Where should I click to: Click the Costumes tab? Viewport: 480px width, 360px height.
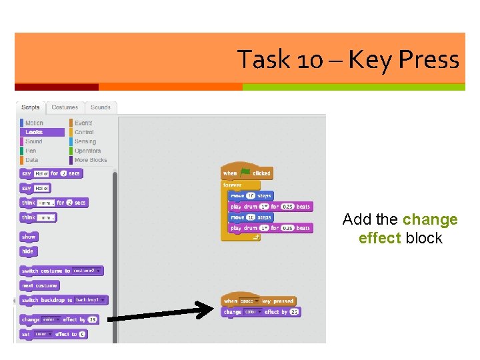tap(65, 107)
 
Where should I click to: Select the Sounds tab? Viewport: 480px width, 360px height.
tap(101, 107)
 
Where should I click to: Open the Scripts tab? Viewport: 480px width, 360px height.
tap(30, 107)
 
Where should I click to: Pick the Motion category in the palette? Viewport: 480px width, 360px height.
tap(33, 123)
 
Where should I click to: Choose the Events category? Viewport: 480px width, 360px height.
tap(83, 123)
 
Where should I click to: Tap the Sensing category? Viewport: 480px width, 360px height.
tap(85, 141)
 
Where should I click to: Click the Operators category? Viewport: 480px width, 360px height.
tap(87, 151)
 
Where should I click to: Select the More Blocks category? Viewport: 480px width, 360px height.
tap(90, 160)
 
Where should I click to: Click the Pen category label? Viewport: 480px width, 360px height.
tap(31, 151)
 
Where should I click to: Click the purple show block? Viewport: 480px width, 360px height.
tap(29, 237)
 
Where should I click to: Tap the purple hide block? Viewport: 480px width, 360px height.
tap(27, 251)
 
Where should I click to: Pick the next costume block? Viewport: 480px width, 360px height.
tap(39, 285)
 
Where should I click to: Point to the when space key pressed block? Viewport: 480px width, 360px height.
tap(258, 301)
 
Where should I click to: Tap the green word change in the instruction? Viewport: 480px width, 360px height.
tap(430, 220)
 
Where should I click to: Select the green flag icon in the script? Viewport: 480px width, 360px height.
tap(245, 172)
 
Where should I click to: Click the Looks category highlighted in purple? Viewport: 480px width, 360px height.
tap(33, 132)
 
